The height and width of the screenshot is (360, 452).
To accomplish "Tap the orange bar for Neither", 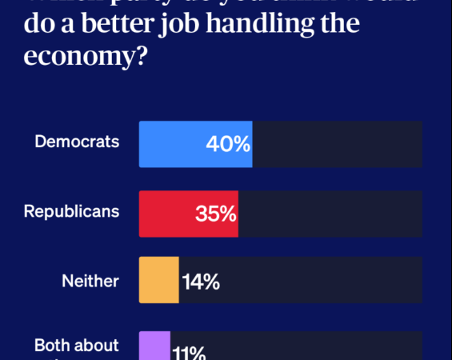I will (x=158, y=280).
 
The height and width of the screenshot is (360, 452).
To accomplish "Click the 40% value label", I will (x=228, y=145).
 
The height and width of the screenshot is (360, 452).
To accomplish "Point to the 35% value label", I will (x=215, y=214).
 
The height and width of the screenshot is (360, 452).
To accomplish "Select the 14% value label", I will (x=201, y=281).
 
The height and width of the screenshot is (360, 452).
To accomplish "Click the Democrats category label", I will (x=77, y=142).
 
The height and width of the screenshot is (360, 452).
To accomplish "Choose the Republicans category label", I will (x=71, y=211).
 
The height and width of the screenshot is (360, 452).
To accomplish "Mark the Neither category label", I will (x=90, y=281).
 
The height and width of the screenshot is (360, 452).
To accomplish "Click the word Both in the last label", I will (x=54, y=346).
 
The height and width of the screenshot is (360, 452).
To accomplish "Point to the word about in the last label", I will (x=98, y=346).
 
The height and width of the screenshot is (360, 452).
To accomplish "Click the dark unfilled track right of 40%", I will (x=337, y=145).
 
